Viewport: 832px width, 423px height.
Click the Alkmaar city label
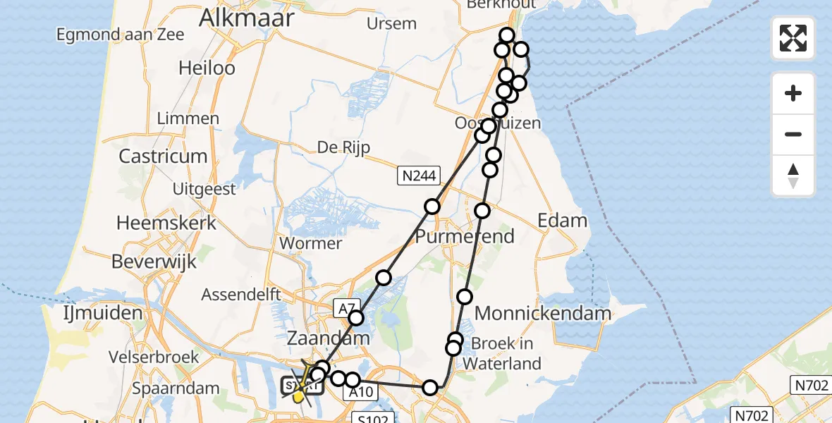tap(246, 18)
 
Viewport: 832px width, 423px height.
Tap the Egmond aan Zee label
tap(121, 34)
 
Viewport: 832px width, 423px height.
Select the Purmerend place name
tap(465, 236)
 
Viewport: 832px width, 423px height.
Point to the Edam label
tap(562, 221)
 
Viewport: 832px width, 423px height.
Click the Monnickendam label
tap(543, 313)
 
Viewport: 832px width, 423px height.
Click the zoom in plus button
tap(793, 93)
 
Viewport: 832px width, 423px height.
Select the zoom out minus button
tap(793, 134)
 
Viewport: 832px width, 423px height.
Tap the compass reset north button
tap(793, 176)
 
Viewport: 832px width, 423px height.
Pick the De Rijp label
tap(343, 147)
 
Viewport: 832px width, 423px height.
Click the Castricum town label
tap(163, 156)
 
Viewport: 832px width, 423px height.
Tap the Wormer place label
tap(311, 243)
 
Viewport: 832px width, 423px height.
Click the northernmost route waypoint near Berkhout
tap(507, 35)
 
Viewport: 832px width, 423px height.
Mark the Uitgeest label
tap(204, 190)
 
